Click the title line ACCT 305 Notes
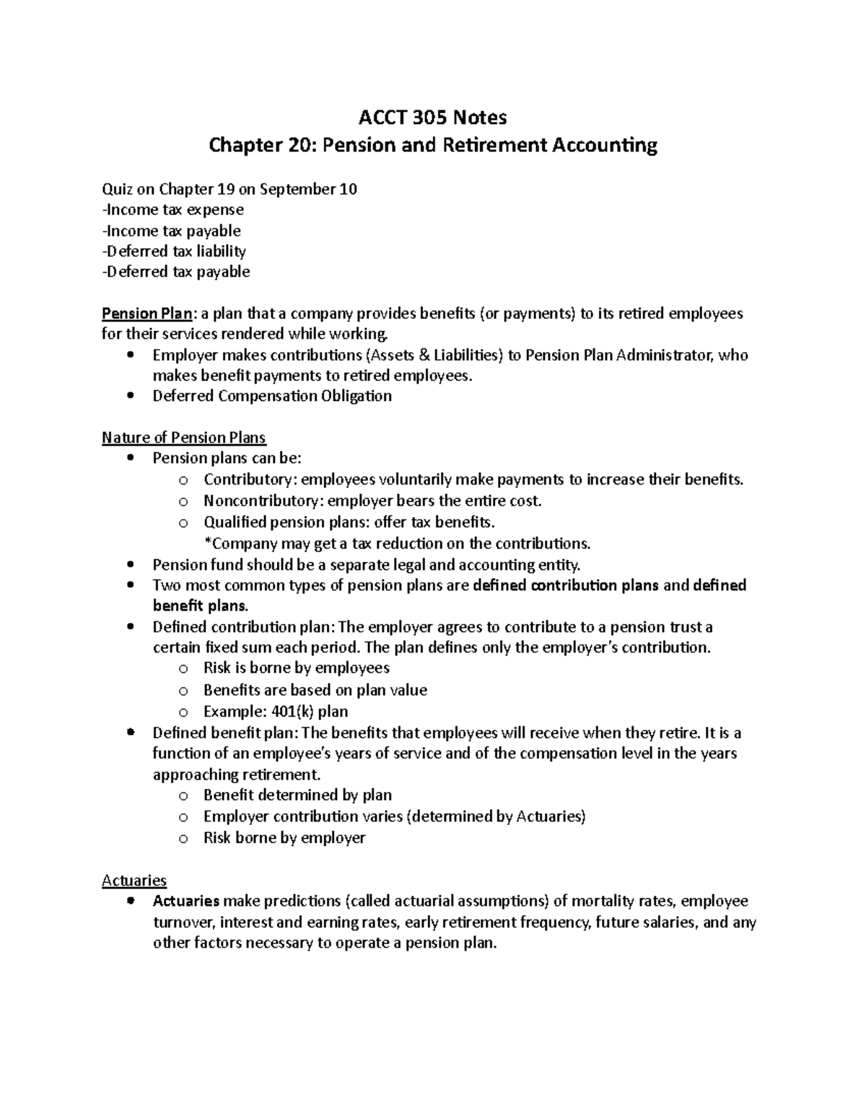(433, 117)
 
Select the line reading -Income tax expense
(173, 210)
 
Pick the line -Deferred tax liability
(174, 251)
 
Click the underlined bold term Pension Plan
(147, 314)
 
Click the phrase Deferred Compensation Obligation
(272, 396)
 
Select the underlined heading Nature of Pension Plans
(184, 438)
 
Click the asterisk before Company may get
(206, 543)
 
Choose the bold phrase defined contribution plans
(565, 585)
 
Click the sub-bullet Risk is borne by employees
(296, 668)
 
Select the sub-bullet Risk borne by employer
(284, 837)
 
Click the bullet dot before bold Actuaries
(130, 901)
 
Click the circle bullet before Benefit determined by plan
(183, 796)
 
